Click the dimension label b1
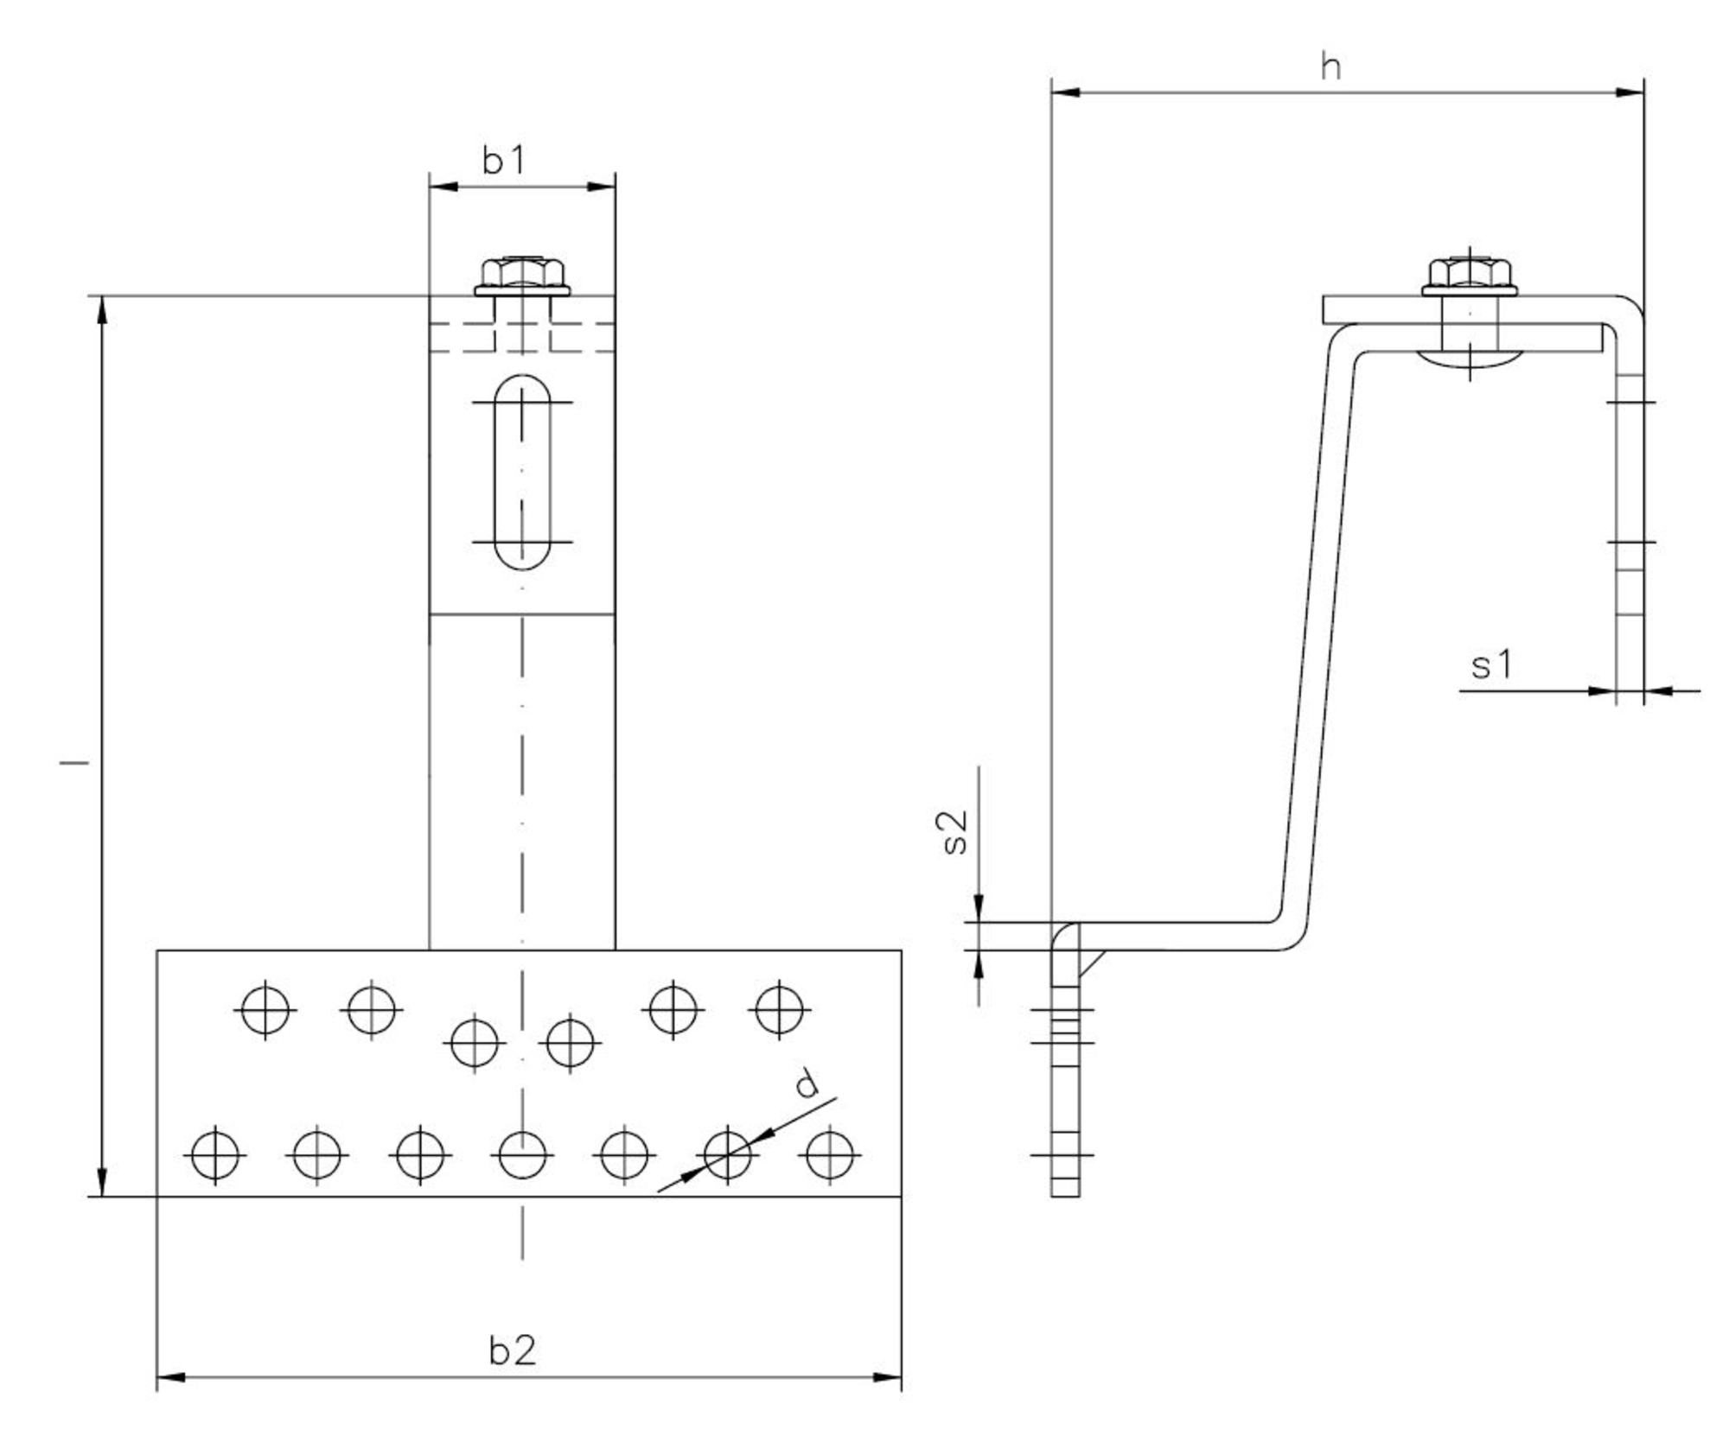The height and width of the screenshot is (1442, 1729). [503, 161]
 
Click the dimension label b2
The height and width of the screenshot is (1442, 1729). [512, 1350]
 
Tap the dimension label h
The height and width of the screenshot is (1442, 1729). [1331, 67]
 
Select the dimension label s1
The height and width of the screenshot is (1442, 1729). [1491, 665]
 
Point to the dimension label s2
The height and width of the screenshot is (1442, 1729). [954, 832]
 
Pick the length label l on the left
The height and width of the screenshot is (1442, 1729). [74, 762]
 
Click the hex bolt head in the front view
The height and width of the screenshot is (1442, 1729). [522, 276]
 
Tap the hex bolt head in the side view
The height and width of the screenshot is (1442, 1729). [1470, 276]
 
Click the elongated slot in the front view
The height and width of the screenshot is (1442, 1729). [522, 472]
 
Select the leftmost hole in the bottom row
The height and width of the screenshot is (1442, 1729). [215, 1154]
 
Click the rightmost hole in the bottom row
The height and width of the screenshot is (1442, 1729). [830, 1154]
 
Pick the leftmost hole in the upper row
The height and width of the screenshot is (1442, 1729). [265, 1008]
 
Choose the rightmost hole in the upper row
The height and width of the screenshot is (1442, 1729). [779, 1008]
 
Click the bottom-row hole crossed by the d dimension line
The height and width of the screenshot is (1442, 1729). [728, 1154]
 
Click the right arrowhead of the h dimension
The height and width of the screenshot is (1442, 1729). [1631, 92]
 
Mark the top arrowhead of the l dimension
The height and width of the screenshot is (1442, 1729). [102, 309]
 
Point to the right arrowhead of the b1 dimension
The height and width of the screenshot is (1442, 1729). [603, 186]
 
